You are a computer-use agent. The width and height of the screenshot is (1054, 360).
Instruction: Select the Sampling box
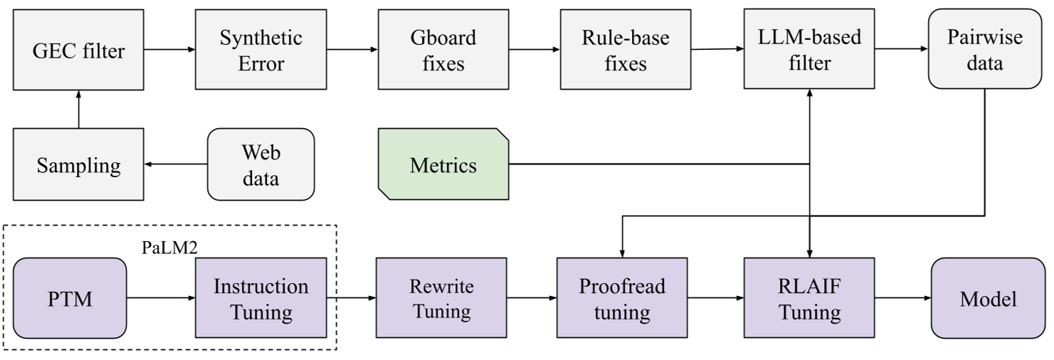coord(78,165)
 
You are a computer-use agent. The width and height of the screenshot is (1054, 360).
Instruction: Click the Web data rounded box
coord(260,165)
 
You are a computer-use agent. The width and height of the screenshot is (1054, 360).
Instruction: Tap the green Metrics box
coord(443,165)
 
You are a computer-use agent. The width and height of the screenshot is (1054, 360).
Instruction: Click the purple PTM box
coord(70,298)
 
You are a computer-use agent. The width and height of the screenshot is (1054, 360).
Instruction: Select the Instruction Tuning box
coord(260,298)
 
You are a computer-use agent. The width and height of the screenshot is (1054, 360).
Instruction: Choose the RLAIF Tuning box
coord(810,298)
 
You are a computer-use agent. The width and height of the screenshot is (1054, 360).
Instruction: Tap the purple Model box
coord(988,298)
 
